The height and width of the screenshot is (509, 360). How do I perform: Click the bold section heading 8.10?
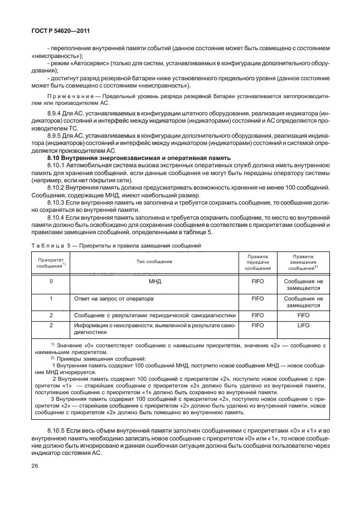pyautogui.click(x=138, y=158)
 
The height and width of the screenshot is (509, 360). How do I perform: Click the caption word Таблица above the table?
pyautogui.click(x=52, y=245)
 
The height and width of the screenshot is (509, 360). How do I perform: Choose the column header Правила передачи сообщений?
pyautogui.click(x=257, y=261)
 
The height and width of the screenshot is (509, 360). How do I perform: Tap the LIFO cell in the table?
pyautogui.click(x=304, y=326)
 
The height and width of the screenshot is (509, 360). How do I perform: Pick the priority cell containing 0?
pyautogui.click(x=51, y=282)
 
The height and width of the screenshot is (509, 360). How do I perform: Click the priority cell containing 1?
pyautogui.click(x=51, y=298)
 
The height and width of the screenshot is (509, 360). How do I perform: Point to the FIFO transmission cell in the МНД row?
pyautogui.click(x=257, y=282)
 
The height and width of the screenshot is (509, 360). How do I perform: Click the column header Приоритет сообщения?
pyautogui.click(x=51, y=262)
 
